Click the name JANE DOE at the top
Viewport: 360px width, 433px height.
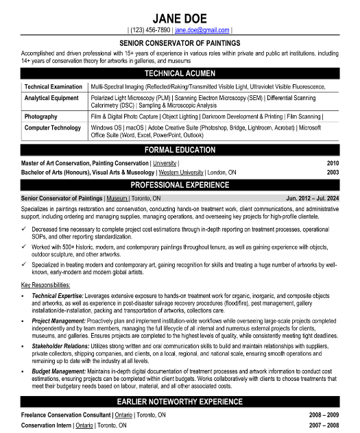point(180,17)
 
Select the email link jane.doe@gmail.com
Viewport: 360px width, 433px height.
point(202,31)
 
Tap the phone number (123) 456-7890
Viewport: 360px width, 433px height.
point(149,31)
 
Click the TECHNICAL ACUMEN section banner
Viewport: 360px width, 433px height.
point(180,73)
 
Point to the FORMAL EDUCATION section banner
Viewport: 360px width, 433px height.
point(180,150)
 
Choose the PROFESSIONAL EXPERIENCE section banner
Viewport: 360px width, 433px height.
point(180,185)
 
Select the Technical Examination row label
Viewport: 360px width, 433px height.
point(52,87)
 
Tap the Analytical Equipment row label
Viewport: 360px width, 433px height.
point(51,99)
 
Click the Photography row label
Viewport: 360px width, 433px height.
point(40,116)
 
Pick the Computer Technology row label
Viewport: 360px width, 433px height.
point(52,127)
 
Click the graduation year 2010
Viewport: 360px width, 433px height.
point(333,164)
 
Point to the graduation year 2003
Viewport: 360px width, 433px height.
point(333,173)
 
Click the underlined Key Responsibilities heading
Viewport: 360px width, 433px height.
point(46,284)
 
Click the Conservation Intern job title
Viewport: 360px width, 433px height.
point(45,425)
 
